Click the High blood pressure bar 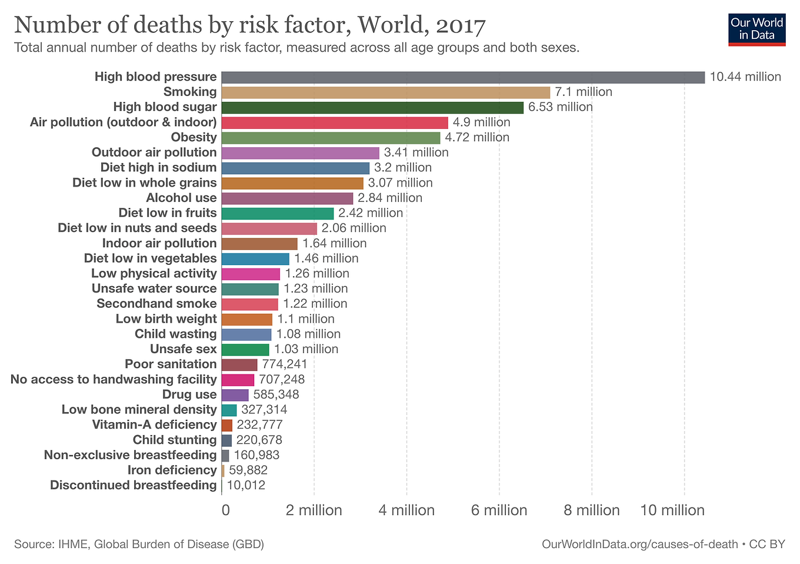[x=463, y=77]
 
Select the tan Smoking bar [x=386, y=92]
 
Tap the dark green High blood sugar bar [x=372, y=107]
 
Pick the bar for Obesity [x=331, y=138]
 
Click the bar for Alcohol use [x=287, y=198]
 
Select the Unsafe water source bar [x=250, y=289]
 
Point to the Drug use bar [x=235, y=395]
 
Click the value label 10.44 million [x=745, y=77]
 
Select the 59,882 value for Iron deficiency [x=248, y=470]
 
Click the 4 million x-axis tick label [x=406, y=510]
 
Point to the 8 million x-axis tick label [x=592, y=510]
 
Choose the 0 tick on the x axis [x=226, y=510]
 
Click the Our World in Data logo [x=756, y=29]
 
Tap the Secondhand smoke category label [x=156, y=304]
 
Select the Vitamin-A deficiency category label [x=154, y=425]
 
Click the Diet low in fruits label [x=168, y=213]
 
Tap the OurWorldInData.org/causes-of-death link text [x=639, y=545]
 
